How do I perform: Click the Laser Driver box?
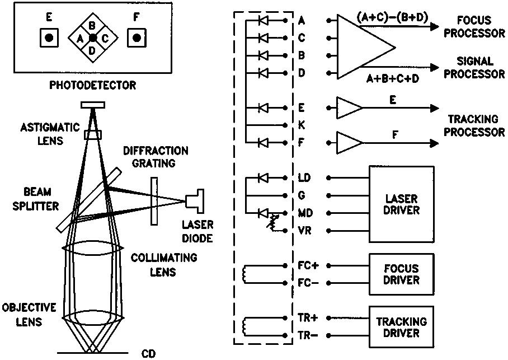click(402, 204)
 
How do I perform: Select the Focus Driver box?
click(401, 275)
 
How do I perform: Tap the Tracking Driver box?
click(401, 328)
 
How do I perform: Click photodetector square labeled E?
click(49, 38)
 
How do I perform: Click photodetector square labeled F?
click(137, 38)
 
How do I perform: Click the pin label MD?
click(305, 213)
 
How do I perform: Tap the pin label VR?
click(305, 231)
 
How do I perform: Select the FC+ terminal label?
click(309, 266)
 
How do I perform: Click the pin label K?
click(302, 125)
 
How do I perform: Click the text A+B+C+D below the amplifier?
click(393, 79)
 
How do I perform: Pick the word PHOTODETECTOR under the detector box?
click(92, 86)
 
